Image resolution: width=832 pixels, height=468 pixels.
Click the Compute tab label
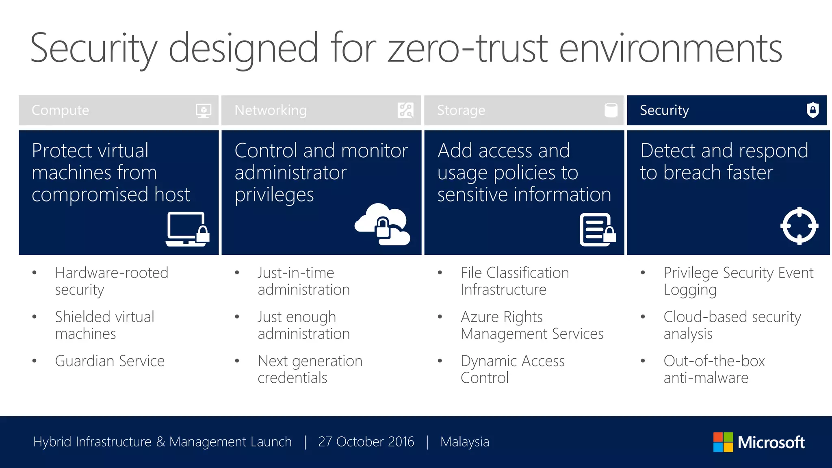60,110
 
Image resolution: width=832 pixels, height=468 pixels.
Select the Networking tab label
271,110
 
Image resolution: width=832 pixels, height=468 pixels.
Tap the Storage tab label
461,110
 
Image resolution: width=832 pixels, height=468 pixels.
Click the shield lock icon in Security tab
812,110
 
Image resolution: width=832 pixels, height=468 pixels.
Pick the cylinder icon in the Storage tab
611,110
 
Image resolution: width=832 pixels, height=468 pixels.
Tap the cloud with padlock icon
382,225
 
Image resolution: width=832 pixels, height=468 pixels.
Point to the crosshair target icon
799,225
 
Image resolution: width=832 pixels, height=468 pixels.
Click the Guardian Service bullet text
110,361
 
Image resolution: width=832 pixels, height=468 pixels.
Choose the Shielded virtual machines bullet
104,325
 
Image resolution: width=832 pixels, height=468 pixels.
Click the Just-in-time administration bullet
303,281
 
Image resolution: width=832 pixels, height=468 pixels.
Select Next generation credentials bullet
310,369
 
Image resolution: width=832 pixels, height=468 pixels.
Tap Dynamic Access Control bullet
512,369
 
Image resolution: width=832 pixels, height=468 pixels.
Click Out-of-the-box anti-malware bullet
714,369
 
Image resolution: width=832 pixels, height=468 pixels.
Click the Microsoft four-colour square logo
723,442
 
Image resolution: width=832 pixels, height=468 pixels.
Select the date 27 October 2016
366,442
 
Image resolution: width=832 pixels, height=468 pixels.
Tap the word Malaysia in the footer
464,442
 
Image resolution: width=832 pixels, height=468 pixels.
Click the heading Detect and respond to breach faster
724,162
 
